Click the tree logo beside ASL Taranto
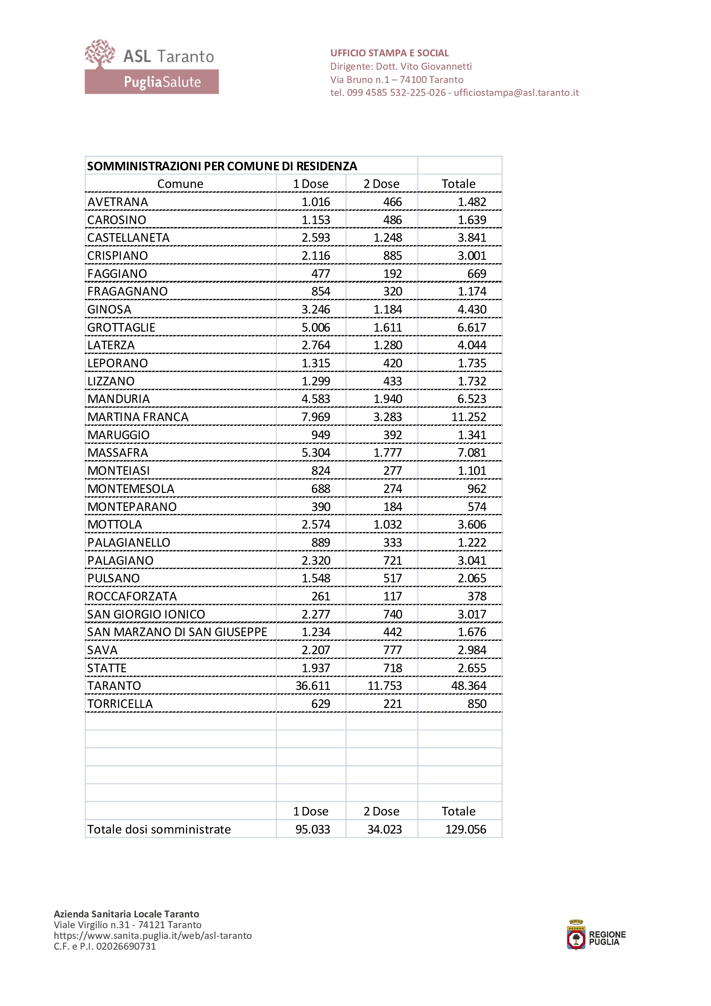point(100,54)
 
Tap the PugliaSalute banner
point(151,82)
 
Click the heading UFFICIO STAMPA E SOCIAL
point(389,53)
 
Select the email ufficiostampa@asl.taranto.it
point(516,92)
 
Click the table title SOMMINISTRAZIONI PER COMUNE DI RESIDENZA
point(222,166)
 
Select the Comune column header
point(180,184)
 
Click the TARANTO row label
point(114,686)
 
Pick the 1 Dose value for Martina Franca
point(315,417)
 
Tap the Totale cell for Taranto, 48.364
point(468,686)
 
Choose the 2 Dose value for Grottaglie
point(387,327)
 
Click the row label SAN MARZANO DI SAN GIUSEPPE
point(177,632)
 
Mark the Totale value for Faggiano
point(476,274)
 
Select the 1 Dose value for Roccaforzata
point(320,596)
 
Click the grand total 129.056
point(465,829)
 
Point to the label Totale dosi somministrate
point(159,829)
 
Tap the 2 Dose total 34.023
point(384,829)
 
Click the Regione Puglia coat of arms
point(576,938)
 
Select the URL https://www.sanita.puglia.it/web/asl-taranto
point(152,935)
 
